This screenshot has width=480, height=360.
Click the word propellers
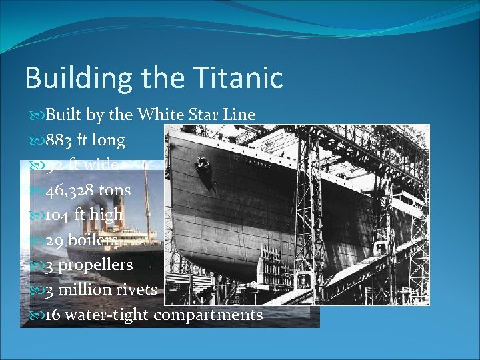tap(95, 265)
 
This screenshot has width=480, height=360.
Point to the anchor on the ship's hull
tap(201, 163)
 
